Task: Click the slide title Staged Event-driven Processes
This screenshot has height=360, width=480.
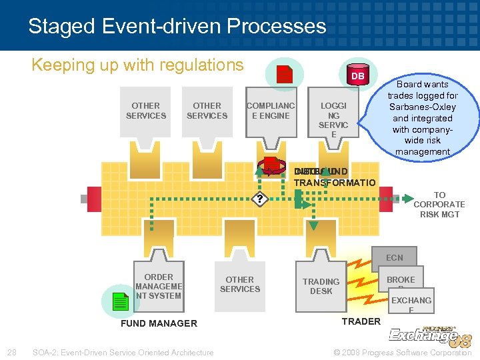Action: [177, 27]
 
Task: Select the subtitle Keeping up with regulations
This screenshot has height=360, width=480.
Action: [138, 65]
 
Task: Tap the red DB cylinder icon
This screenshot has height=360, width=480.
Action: [358, 75]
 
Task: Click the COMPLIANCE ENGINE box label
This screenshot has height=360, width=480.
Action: [271, 111]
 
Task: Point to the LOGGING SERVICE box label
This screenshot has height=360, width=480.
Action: [333, 120]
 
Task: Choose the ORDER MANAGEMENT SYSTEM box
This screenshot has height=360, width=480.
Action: [159, 287]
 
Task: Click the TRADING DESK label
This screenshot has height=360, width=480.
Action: [321, 286]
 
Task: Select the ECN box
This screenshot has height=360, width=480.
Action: [394, 258]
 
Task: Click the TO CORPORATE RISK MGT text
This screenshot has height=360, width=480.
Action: [439, 205]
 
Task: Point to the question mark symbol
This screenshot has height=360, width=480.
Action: [259, 199]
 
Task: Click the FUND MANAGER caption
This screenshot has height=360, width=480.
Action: [159, 323]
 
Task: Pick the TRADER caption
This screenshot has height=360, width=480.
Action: [361, 321]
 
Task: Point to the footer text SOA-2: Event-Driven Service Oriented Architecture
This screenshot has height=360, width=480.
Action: [123, 352]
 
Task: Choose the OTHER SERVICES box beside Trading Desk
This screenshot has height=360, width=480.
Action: [239, 285]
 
